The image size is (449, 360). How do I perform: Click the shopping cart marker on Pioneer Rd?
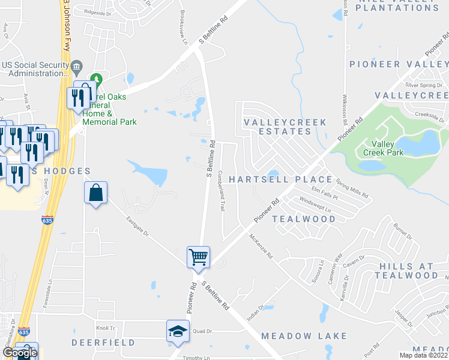point(198,257)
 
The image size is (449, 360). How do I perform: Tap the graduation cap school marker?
point(178,331)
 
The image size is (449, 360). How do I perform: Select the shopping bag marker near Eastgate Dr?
point(96,193)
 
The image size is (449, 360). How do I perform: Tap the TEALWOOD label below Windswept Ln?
point(304,219)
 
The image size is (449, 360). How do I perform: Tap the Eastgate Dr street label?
point(138,226)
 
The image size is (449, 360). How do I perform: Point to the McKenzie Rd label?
point(261,246)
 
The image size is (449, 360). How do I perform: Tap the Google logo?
point(19,353)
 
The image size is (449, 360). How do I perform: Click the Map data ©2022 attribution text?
point(423,355)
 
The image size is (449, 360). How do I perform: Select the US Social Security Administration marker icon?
point(77,65)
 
